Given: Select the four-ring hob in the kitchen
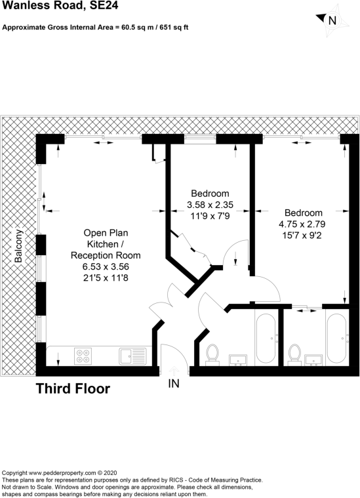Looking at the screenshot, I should pos(83,356).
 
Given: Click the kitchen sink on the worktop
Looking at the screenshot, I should pos(132,356).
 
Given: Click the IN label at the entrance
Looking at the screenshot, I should pos(174,384).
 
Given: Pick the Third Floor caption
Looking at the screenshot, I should pos(73,388).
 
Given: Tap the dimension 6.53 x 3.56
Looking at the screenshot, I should pos(106,266).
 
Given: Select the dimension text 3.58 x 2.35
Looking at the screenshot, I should pos(210,204).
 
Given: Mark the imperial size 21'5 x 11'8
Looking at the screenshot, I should pos(106,278).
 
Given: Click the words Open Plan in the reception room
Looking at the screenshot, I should pos(106,233).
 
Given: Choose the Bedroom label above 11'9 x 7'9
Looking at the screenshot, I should pos(210,194).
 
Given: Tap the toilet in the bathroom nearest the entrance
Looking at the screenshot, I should pos(212,352).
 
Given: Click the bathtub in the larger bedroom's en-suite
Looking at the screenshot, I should pos(338,338).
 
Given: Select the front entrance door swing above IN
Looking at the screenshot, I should pos(172,358).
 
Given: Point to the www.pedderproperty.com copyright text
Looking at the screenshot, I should pos(60,472).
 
